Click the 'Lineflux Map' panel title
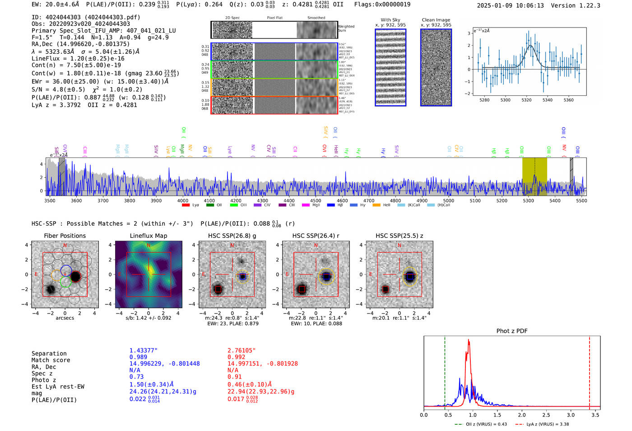[x=148, y=236]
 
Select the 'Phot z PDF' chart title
[x=512, y=331]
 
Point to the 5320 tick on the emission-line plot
[x=526, y=100]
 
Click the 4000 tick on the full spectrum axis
[x=182, y=200]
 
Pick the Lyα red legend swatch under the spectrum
[x=186, y=205]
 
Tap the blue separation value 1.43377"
[x=143, y=350]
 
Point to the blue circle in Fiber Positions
[x=66, y=270]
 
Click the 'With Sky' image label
[x=390, y=20]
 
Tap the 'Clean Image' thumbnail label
[x=436, y=20]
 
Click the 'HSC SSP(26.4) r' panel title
[x=316, y=236]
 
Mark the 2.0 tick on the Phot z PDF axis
[x=522, y=415]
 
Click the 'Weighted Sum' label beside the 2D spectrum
[x=346, y=28]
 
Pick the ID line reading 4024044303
[x=86, y=17]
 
